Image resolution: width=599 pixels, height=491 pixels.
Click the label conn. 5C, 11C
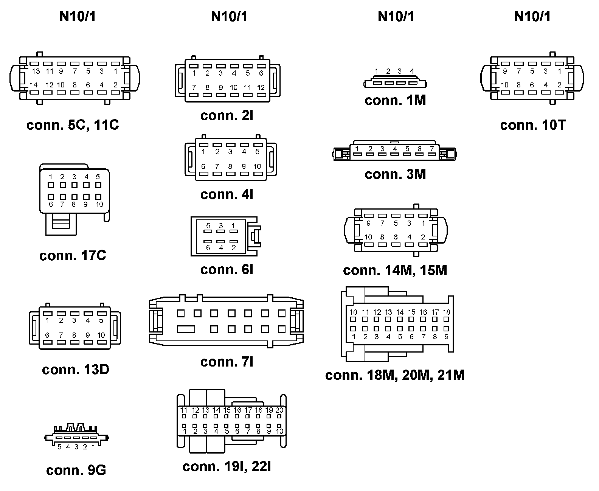(x=73, y=125)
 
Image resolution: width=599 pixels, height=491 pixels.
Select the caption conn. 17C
(x=73, y=256)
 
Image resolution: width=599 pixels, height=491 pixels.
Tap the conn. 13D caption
(x=76, y=369)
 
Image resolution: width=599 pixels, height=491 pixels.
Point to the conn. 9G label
(x=76, y=470)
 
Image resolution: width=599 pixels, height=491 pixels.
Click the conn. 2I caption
(x=227, y=115)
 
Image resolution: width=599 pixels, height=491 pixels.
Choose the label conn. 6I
(x=227, y=269)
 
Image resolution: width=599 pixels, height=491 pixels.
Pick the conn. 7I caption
(x=227, y=362)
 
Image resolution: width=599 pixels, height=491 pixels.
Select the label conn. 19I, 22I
(x=227, y=466)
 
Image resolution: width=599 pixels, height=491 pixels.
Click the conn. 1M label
(x=395, y=100)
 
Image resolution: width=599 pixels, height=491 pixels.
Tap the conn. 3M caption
(x=395, y=174)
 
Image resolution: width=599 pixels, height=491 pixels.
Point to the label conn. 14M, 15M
(x=395, y=270)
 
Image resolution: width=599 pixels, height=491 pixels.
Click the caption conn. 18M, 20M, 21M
(x=395, y=375)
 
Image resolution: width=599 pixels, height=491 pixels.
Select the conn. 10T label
(x=533, y=125)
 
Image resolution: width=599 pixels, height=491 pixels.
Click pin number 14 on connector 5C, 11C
(x=34, y=85)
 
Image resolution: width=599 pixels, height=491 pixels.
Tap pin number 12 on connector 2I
(x=261, y=87)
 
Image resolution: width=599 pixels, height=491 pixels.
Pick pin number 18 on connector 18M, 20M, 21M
(x=446, y=312)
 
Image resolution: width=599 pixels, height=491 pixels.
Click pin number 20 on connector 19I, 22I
(x=279, y=410)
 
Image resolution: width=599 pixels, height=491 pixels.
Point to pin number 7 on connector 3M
(x=431, y=149)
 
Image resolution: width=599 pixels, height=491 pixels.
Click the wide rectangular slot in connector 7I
(x=186, y=329)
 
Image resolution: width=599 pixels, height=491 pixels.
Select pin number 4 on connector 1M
(x=412, y=71)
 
